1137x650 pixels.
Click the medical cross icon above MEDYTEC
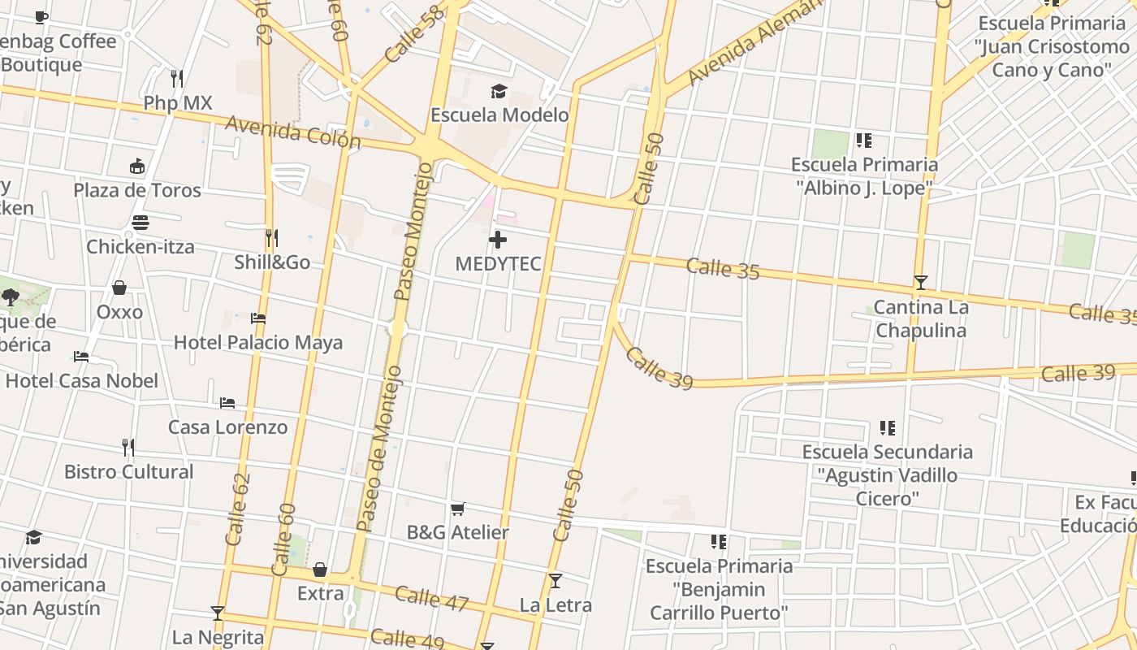pos(498,240)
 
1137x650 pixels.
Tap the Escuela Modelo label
pos(499,115)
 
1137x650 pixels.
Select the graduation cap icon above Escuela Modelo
pos(499,91)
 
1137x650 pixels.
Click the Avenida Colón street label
pos(293,132)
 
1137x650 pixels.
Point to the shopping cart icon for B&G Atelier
pos(458,509)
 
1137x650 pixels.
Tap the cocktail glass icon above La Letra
pos(556,581)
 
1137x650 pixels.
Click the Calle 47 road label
pos(432,598)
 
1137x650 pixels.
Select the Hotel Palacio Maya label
pos(258,342)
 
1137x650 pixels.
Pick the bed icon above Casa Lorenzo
pos(227,403)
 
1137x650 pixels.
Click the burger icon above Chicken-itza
pos(141,223)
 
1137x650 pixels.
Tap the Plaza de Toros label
pos(137,190)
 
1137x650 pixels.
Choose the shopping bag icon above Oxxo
pos(119,288)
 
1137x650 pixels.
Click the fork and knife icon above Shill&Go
pos(272,238)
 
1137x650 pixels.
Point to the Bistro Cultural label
pos(129,471)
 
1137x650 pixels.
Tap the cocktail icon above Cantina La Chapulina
pos(920,283)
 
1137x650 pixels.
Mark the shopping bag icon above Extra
pos(320,570)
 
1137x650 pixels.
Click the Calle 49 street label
pos(407,639)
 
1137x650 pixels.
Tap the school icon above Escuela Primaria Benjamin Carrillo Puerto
pos(718,541)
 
